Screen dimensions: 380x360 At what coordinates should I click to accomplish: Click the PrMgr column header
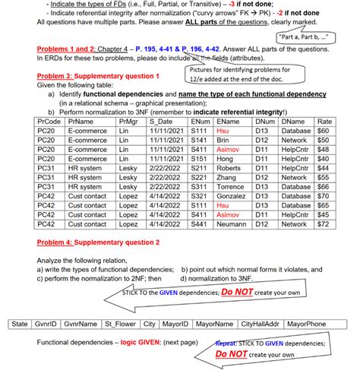point(127,121)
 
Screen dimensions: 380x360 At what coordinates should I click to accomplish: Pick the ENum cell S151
point(200,159)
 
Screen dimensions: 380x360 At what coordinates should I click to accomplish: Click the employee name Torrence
point(232,187)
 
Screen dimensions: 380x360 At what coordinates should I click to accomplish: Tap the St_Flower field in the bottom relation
point(122,324)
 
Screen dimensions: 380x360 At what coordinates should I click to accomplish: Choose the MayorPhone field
point(306,324)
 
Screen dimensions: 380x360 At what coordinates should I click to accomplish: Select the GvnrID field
point(45,324)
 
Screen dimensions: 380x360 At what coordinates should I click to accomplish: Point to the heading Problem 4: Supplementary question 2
point(98,242)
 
